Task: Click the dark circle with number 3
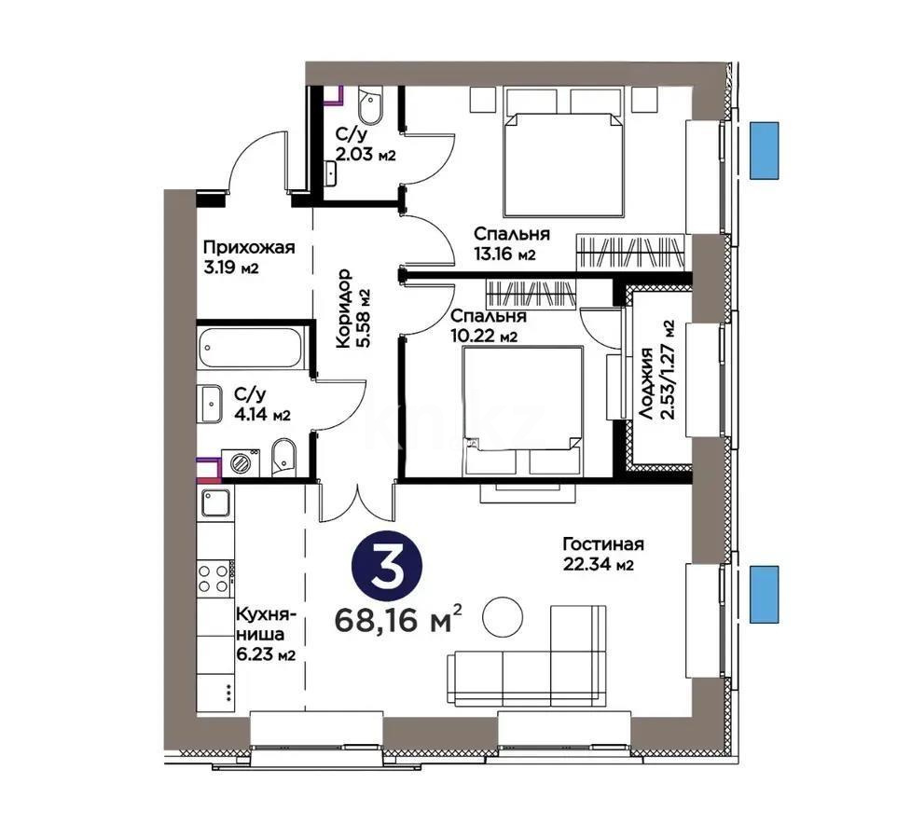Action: tap(387, 568)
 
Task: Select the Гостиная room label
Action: tap(603, 545)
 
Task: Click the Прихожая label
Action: tap(249, 248)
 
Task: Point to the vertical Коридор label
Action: tap(342, 308)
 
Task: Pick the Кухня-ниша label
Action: tap(266, 625)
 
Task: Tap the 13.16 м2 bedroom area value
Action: tap(504, 255)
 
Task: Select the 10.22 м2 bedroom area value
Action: tap(485, 336)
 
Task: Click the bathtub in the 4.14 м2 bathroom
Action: tap(252, 347)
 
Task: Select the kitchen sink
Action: tap(214, 504)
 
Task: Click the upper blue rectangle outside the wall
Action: tap(766, 150)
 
